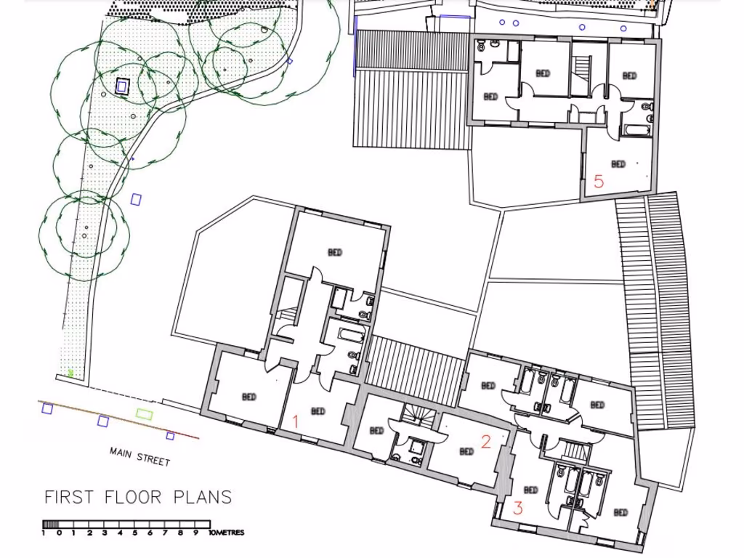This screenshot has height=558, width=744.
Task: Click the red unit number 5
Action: click(599, 181)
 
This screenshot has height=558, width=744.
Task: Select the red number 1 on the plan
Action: click(295, 421)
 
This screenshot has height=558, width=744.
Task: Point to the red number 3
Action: click(518, 508)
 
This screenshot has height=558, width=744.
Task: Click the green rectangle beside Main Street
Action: click(145, 414)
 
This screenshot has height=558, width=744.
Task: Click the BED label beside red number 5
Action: click(618, 164)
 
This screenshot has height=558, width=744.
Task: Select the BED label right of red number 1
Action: click(318, 411)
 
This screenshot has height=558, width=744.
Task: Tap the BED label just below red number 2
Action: click(466, 451)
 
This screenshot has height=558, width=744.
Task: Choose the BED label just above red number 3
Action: click(531, 490)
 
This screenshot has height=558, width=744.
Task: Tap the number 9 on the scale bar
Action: click(195, 533)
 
